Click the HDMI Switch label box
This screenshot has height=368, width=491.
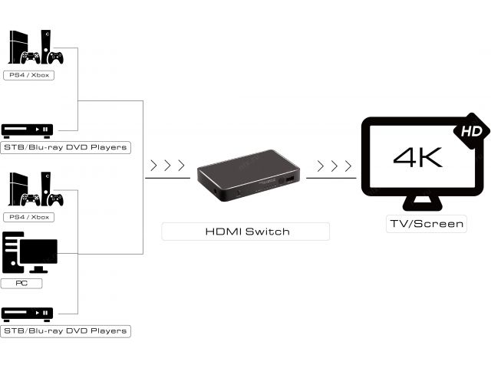click(x=245, y=231)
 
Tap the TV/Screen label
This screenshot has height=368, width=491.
click(x=426, y=224)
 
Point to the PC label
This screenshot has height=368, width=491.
click(x=21, y=283)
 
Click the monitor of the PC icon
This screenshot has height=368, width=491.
click(x=38, y=252)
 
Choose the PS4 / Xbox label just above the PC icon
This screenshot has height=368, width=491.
click(x=29, y=217)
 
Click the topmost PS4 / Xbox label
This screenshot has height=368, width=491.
click(x=29, y=75)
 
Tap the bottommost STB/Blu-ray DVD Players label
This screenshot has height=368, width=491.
click(x=65, y=330)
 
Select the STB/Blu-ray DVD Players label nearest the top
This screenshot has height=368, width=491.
click(x=65, y=146)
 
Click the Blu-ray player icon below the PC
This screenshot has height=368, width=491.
click(x=28, y=313)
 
